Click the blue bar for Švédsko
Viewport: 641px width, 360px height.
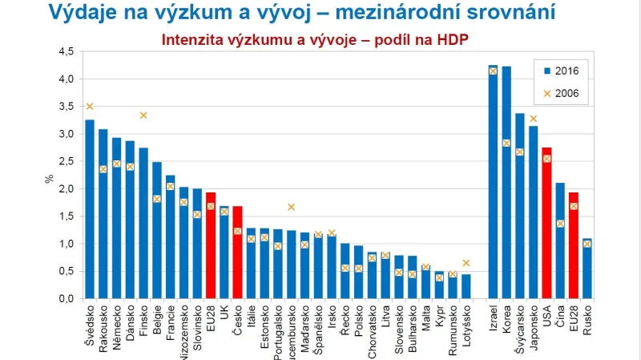tap(90, 208)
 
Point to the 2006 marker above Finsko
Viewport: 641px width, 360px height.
tap(143, 115)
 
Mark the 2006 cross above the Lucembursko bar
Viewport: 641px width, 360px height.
tap(292, 207)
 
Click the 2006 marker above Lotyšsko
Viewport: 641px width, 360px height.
tap(466, 263)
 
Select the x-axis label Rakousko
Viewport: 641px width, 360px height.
tap(103, 325)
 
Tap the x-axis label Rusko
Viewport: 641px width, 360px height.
tap(588, 319)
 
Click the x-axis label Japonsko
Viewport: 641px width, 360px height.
tap(534, 327)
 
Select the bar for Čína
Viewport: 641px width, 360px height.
tap(561, 241)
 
